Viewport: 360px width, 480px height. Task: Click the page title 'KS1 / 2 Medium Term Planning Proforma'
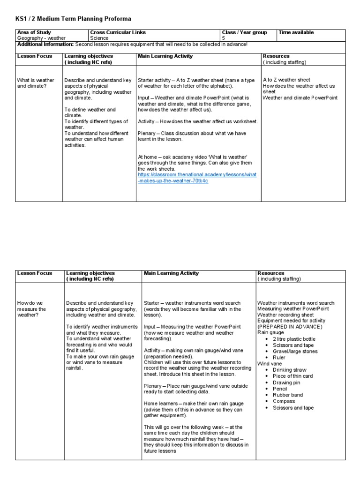click(74, 19)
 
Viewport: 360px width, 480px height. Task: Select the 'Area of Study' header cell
click(34, 32)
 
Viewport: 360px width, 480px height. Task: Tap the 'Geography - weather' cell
click(41, 38)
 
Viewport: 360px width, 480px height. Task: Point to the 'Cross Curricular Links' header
click(118, 32)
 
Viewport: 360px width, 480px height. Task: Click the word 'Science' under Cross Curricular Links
click(99, 38)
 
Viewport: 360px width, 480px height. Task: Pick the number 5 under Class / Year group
click(224, 38)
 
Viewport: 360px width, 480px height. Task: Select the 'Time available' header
click(296, 32)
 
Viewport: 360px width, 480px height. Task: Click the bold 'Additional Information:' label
click(45, 44)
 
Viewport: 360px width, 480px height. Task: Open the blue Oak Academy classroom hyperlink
click(197, 177)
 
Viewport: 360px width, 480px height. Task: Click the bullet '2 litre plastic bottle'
click(294, 339)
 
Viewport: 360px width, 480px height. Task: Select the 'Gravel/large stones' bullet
click(295, 351)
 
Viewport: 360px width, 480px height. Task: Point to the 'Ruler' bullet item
click(280, 357)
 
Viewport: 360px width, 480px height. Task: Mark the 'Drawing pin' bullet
click(286, 382)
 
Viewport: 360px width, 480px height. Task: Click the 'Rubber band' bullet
click(287, 395)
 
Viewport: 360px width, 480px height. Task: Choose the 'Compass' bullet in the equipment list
click(284, 401)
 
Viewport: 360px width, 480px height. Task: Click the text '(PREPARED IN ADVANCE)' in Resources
click(290, 326)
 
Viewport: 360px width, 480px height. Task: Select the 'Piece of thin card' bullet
click(292, 376)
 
